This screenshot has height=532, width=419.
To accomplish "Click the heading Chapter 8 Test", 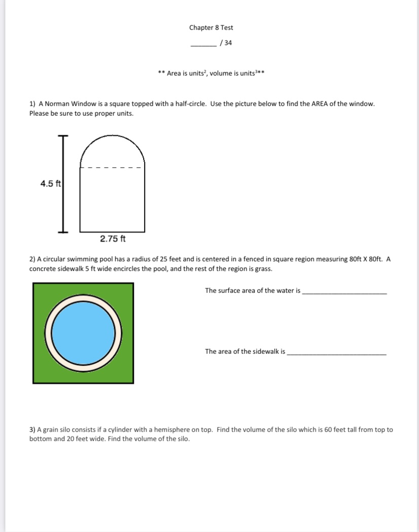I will [211, 28].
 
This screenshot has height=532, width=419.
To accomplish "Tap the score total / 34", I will [226, 43].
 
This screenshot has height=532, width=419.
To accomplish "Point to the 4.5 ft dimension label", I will [50, 184].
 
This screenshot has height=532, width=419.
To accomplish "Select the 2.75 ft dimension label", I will [113, 239].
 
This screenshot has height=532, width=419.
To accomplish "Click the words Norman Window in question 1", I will [67, 104].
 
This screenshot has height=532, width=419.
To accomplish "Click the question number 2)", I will [32, 259].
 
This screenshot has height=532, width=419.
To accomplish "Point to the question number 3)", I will [32, 430].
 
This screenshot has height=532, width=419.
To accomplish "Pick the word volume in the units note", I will [221, 74].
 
